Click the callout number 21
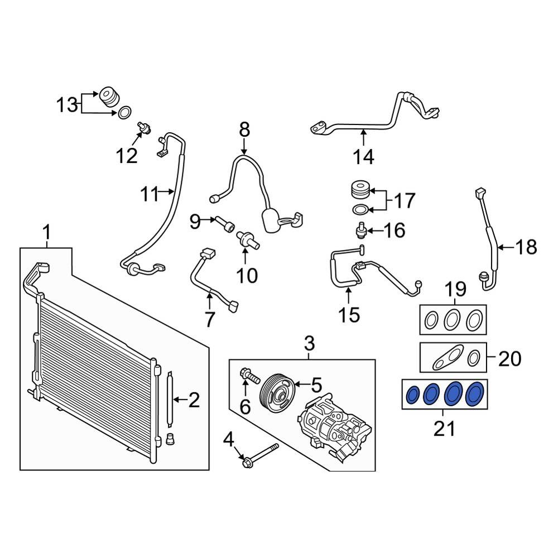444,429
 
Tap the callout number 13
67,104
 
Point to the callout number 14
363,157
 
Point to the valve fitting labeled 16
362,229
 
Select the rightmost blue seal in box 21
475,394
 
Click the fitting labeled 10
246,239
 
